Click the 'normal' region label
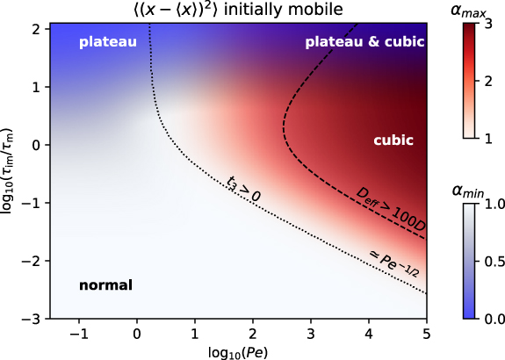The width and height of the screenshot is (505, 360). (105, 285)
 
